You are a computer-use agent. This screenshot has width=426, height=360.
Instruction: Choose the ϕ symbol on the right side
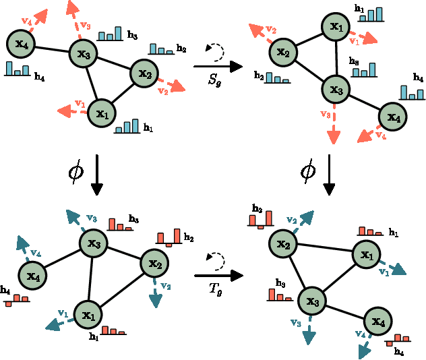308,172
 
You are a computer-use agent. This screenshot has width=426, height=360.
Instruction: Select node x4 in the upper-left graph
20,44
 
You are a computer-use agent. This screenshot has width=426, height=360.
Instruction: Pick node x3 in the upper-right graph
335,88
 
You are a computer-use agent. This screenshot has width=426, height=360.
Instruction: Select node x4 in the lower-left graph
32,275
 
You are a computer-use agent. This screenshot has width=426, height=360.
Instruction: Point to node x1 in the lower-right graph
367,255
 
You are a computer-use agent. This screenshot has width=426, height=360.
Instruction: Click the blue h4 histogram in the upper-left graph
17,68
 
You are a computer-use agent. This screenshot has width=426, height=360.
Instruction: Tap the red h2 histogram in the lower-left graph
169,236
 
